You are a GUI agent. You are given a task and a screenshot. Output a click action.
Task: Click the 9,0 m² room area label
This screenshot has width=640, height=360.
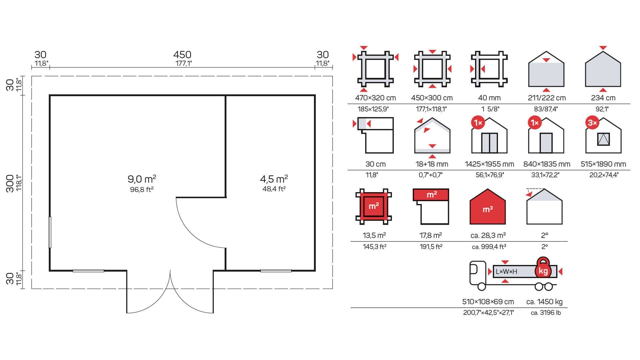pos(142,179)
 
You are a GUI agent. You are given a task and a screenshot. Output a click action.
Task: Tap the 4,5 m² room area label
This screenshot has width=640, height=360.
pos(274,179)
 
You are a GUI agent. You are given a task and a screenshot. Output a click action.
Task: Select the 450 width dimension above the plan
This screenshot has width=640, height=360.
pos(182,55)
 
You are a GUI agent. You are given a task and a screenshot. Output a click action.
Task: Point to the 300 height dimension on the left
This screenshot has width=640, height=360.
pos(10,183)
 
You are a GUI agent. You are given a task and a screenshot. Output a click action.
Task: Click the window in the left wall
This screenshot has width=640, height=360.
pos(50,232)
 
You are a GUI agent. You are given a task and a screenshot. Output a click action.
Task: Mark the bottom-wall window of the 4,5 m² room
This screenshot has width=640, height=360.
pos(276,271)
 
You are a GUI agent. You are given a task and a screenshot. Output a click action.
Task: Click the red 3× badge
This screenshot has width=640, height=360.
pos(592,123)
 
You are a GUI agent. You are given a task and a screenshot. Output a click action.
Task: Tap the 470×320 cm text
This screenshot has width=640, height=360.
pos(375,98)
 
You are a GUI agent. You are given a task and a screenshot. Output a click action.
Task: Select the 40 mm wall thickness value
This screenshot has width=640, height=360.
pos(489,98)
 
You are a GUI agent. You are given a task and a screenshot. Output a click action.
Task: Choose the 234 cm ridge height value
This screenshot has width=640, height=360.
pos(603,98)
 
